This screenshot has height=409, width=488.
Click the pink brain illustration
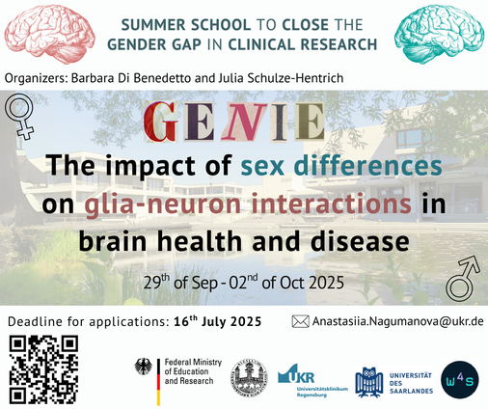coord(50,34)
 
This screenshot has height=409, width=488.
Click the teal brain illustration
coord(439,34)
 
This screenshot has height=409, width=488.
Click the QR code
coord(43,369)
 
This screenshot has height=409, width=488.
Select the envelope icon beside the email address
coord(300,321)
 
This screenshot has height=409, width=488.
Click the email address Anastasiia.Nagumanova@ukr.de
coord(398,321)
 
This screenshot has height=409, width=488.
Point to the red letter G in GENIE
coord(161,122)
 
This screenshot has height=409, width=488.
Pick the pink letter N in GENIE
coord(244,122)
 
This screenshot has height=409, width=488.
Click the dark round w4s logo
coord(460,380)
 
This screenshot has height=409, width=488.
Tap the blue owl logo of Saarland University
coord(369,382)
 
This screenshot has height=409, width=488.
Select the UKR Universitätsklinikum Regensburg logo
coord(312,381)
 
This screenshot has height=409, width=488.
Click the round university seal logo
coord(249,378)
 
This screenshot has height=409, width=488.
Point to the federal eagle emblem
coord(143,367)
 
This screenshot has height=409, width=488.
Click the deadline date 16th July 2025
coord(218,321)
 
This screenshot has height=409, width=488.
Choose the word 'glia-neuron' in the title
coord(163,204)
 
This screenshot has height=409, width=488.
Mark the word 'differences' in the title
coord(367,166)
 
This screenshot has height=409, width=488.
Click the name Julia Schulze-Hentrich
coord(281,78)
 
